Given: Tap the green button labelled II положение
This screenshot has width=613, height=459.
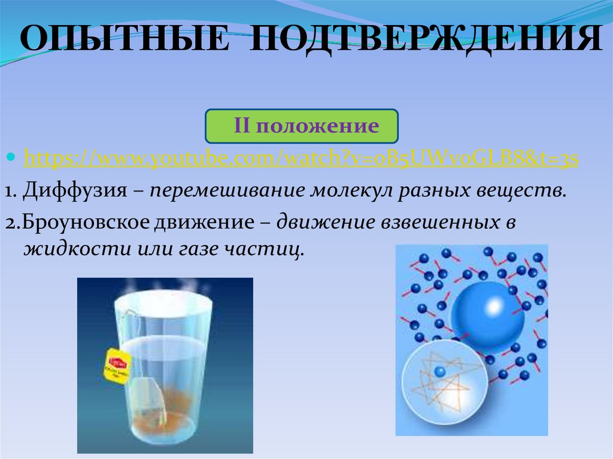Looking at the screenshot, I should [302, 126].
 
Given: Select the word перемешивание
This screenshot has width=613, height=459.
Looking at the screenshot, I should [227, 191].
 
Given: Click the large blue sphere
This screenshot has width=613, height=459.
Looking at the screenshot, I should [487, 316].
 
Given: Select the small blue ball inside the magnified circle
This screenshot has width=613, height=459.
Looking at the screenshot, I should [441, 372].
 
